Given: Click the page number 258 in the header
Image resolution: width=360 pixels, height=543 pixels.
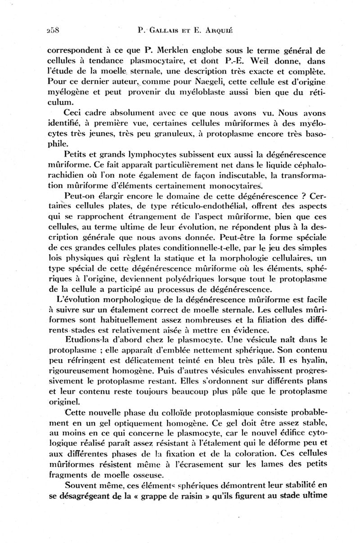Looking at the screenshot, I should [x=54, y=31].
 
